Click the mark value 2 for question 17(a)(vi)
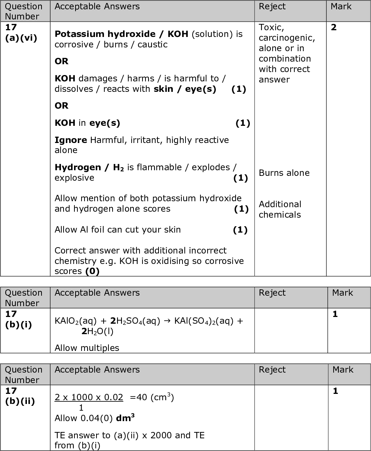[334, 28]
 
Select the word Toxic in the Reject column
[268, 28]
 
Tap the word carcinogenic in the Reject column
[286, 38]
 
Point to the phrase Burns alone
[284, 173]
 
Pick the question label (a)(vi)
[21, 38]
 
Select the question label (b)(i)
[18, 324]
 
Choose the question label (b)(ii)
[20, 401]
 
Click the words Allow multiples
[87, 348]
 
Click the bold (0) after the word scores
[92, 271]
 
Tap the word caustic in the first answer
[152, 44]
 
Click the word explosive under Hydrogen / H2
[74, 178]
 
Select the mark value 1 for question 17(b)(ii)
[335, 391]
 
